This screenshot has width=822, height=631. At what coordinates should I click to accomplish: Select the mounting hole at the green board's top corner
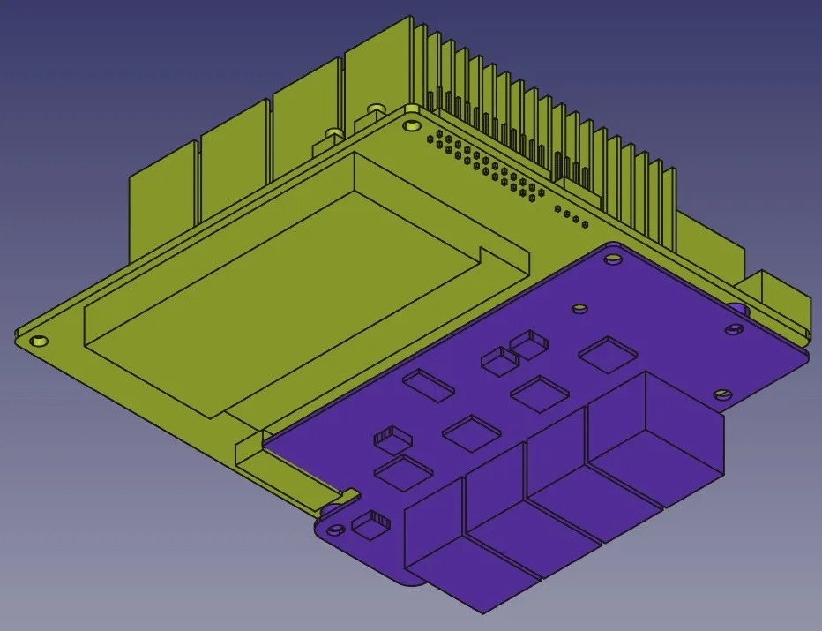(411, 124)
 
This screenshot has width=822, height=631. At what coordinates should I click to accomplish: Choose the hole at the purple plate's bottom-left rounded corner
(335, 530)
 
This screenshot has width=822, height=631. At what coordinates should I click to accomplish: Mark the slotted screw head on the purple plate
(722, 394)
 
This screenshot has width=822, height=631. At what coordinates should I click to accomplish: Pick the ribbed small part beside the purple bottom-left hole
(370, 522)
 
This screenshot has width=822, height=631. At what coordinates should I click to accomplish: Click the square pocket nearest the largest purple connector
(607, 354)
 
